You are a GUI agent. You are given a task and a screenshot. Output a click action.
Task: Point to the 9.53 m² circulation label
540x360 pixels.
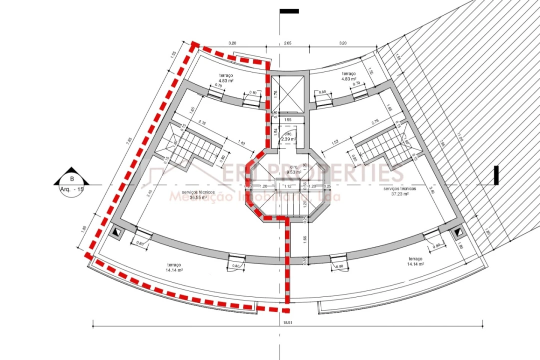(x=293, y=171)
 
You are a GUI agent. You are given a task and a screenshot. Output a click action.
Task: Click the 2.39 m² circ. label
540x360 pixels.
(x=288, y=139)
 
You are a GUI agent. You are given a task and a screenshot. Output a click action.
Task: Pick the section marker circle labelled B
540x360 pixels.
(x=72, y=178)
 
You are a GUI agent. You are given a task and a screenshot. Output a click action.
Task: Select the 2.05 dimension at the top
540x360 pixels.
(x=287, y=43)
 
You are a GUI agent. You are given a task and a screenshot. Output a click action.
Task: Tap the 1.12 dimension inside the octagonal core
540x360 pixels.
(x=287, y=186)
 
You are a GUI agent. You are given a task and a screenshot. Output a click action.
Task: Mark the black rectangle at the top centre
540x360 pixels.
(x=289, y=11)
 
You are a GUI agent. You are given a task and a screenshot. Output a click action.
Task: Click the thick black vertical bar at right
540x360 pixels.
(x=496, y=175)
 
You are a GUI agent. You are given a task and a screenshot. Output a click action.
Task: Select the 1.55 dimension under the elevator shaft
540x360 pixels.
(x=287, y=120)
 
